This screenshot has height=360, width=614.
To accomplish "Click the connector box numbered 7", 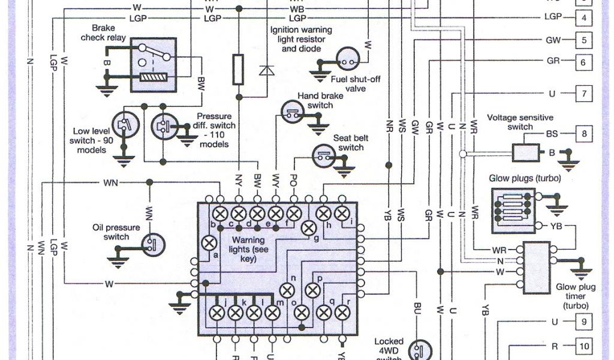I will tap(583, 94).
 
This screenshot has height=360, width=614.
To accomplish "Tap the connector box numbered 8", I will tap(583, 133).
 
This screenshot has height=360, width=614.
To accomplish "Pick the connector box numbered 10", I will tap(583, 346).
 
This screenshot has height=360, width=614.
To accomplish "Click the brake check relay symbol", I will tap(153, 64).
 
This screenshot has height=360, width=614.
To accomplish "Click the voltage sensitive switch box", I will tap(526, 152).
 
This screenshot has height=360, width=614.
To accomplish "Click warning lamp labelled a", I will tap(209, 243).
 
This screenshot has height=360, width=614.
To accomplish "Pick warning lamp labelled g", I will tap(309, 227).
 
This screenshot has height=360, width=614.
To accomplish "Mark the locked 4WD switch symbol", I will tap(419, 349).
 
